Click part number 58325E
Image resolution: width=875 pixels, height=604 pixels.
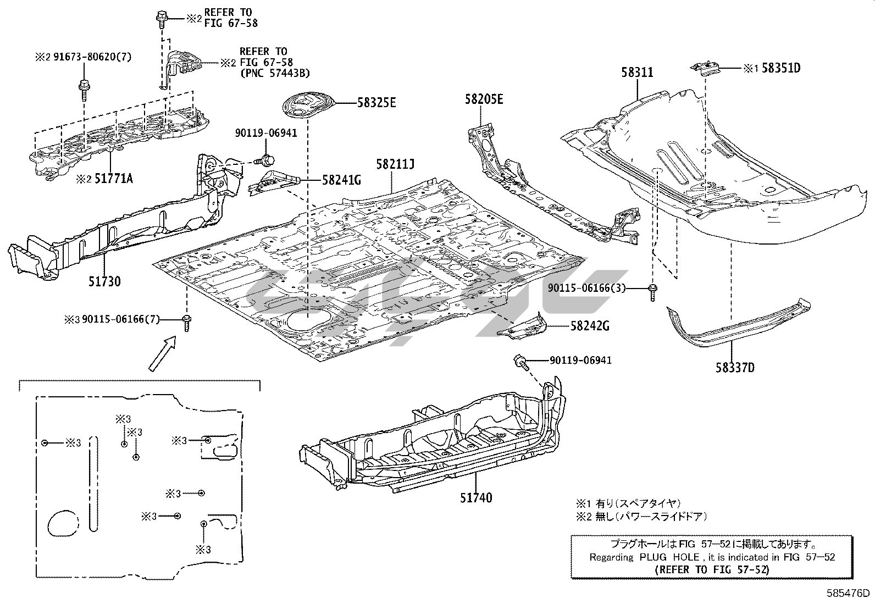click(x=376, y=102)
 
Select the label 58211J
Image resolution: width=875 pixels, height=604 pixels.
click(x=395, y=164)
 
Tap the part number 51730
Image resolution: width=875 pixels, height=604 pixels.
click(x=104, y=281)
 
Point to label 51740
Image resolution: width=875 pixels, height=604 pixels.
click(x=476, y=498)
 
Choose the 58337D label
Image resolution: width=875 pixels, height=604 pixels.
click(x=735, y=367)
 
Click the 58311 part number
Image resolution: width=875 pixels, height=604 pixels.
click(x=638, y=72)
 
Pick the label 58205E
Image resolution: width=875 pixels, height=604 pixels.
click(x=484, y=99)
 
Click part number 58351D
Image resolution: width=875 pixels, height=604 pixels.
click(x=780, y=69)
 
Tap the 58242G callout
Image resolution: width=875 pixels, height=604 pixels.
click(x=590, y=326)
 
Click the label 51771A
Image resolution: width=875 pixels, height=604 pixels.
click(x=114, y=178)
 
